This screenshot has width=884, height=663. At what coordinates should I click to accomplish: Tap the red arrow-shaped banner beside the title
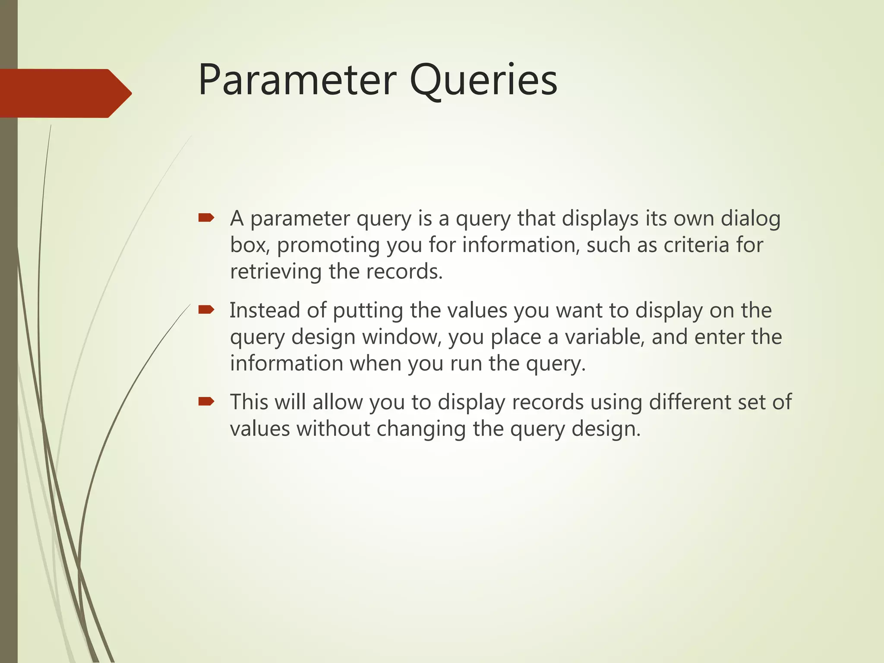pyautogui.click(x=65, y=93)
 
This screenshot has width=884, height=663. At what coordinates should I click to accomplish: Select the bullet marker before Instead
pyautogui.click(x=206, y=309)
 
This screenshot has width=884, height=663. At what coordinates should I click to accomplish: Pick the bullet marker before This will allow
pyautogui.click(x=206, y=401)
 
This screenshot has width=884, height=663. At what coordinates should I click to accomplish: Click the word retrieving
pyautogui.click(x=276, y=272)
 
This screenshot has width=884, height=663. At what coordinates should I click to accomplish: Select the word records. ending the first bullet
pyautogui.click(x=404, y=272)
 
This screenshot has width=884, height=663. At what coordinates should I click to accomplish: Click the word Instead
pyautogui.click(x=265, y=310)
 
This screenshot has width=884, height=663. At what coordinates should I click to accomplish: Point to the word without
pyautogui.click(x=333, y=429)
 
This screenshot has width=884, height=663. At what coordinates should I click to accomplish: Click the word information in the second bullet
pyautogui.click(x=286, y=363)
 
